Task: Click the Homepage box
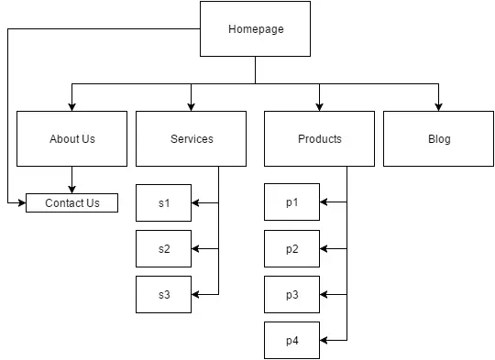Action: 255,29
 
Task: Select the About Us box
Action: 71,139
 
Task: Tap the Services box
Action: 191,139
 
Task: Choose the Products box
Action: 319,139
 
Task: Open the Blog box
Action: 438,139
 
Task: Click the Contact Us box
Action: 71,203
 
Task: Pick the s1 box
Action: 163,203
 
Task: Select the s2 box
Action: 163,249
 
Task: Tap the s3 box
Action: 163,295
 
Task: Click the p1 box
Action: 291,203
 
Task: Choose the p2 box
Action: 291,249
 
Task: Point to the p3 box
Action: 291,295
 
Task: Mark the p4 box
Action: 291,341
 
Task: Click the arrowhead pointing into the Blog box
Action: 438,106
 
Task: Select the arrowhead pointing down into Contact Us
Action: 71,190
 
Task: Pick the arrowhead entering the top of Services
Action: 191,106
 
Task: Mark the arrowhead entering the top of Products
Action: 319,106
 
